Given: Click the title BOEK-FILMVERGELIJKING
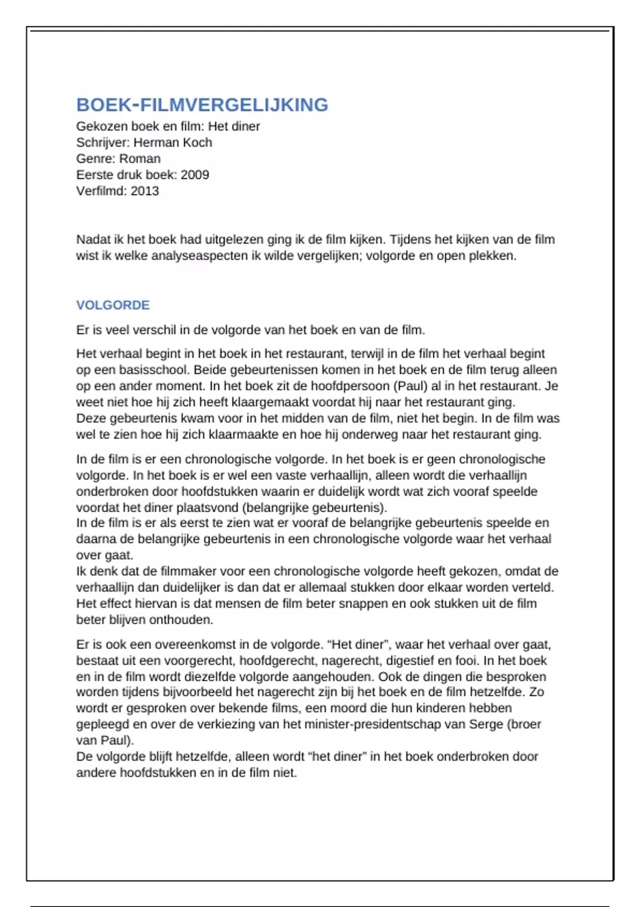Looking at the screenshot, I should click(x=202, y=105).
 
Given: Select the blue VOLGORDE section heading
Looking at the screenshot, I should click(x=113, y=305).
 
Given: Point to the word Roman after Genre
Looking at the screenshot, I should click(x=140, y=158).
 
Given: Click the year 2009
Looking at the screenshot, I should click(x=195, y=174).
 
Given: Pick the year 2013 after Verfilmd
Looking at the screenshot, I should click(x=145, y=190).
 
